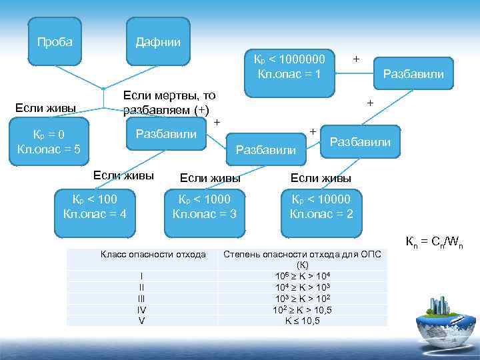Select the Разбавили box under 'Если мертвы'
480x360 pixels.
click(167, 133)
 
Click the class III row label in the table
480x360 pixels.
click(141, 298)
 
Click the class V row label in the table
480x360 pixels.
click(141, 321)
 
